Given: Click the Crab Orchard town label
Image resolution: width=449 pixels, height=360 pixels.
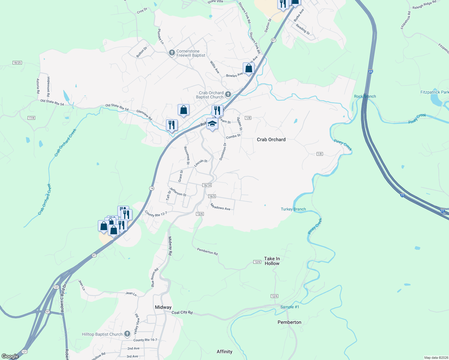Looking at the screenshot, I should [271, 139].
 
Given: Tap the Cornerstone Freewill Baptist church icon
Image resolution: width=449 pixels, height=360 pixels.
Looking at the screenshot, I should [172, 53].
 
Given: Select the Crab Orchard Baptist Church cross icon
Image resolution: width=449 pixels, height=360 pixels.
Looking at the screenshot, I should [228, 95].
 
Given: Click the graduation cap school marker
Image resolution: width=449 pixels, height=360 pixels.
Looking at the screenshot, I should [212, 124].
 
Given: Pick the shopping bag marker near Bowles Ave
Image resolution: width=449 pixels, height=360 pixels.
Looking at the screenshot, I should [249, 69].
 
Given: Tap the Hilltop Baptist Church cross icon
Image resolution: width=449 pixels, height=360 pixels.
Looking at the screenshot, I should [127, 334].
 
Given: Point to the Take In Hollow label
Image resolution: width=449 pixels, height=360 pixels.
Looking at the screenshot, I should [272, 261].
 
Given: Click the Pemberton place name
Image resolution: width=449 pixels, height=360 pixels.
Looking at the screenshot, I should [289, 322].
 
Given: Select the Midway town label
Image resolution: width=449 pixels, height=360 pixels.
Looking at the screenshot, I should [163, 307].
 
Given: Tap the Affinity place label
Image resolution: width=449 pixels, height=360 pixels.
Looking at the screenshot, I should [224, 352].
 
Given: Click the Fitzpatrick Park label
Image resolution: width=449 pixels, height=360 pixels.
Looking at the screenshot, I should [434, 92].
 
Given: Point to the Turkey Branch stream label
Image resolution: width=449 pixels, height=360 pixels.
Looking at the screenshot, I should [293, 209].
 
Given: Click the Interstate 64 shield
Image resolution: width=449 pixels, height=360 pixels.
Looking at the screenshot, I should [371, 72].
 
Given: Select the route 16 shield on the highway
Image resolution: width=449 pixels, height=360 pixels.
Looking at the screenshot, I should [152, 188].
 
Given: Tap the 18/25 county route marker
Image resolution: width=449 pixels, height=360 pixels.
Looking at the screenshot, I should [17, 63].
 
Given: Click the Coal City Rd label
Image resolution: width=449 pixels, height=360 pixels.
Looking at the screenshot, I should [182, 312].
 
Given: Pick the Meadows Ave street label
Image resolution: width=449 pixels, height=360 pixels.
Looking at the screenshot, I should [220, 207].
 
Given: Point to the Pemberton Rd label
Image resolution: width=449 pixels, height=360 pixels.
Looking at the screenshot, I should [207, 251].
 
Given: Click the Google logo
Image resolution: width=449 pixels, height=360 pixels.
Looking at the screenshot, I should [10, 356].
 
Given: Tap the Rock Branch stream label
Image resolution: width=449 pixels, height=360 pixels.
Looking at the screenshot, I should [365, 96].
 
